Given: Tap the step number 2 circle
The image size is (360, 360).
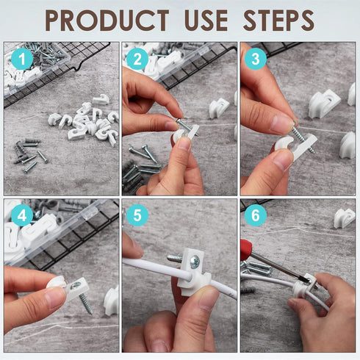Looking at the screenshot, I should [x=137, y=59].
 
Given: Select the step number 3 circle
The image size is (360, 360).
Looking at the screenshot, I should [x=255, y=58].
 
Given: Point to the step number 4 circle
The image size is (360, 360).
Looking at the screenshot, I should [x=21, y=216].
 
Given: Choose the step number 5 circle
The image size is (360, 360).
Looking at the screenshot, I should [x=137, y=215].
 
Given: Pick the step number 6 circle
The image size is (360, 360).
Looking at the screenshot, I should [x=255, y=215].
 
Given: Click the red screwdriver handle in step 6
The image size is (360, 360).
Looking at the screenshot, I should [x=248, y=249].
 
